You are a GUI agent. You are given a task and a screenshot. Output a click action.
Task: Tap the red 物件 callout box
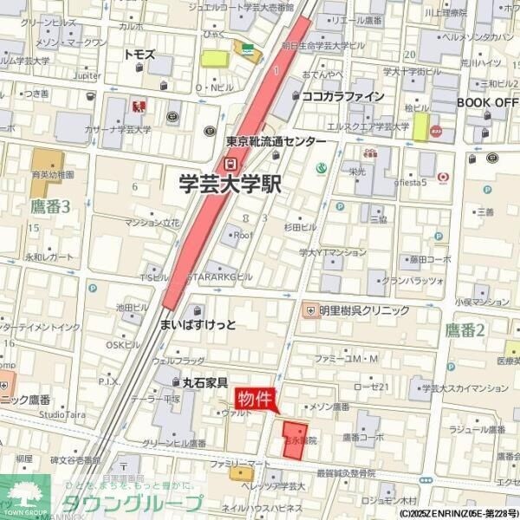[257, 398]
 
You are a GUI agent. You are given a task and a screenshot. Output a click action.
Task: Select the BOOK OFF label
[487, 102]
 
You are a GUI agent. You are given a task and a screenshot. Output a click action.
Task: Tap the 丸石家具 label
[205, 382]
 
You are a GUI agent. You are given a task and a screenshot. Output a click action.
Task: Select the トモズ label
[140, 54]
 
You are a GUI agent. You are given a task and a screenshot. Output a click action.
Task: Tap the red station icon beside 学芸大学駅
[229, 162]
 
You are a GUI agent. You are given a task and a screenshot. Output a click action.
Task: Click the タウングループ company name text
[130, 503]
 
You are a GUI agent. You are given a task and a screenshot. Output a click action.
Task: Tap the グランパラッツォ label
[413, 281]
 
